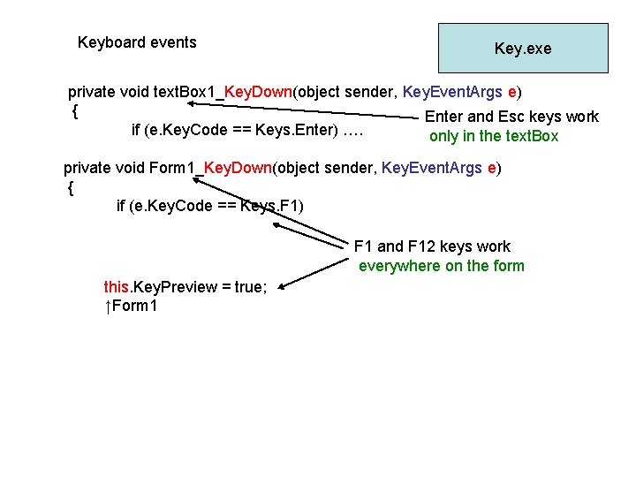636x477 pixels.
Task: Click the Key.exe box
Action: [523, 48]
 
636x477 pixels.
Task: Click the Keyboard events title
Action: [137, 42]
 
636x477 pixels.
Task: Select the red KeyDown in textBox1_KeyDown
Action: [258, 92]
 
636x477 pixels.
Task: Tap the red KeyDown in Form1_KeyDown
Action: [238, 168]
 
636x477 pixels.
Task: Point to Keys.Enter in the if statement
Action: [297, 130]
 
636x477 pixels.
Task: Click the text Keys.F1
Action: [271, 206]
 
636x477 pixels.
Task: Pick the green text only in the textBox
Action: [494, 136]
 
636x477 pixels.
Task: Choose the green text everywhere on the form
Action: [442, 266]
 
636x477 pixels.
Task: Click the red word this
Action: [116, 287]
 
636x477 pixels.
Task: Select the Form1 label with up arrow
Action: [131, 306]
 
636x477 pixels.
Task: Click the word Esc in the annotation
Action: [511, 117]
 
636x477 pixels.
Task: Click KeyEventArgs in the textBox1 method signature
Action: [452, 92]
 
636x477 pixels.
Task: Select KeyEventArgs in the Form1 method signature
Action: [432, 168]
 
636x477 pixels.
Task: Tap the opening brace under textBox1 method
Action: [75, 111]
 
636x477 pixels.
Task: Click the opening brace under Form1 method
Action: [71, 188]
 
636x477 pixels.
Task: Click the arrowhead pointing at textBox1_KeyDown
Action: [191, 103]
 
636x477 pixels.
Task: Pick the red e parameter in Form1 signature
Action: [491, 168]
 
